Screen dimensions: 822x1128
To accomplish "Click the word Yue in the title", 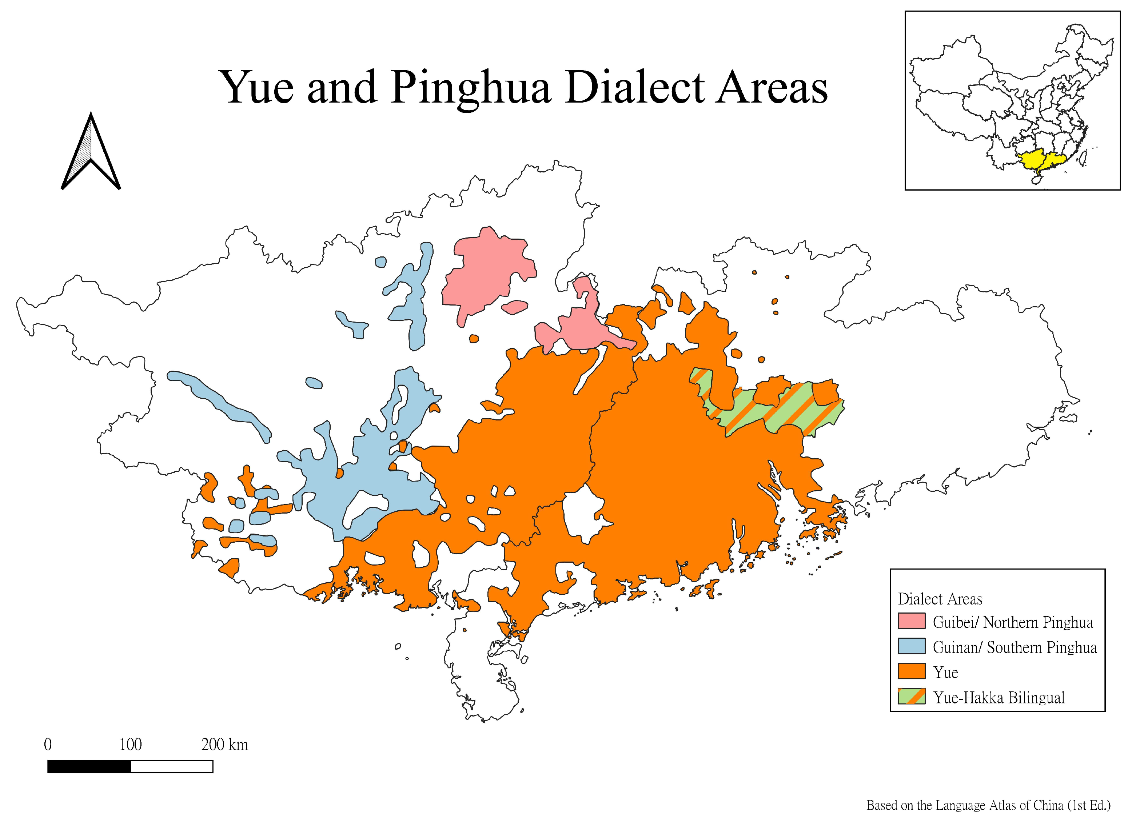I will [257, 88].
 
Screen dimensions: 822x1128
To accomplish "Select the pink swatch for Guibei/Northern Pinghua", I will [911, 622].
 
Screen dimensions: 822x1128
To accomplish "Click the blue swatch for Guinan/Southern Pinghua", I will [911, 646].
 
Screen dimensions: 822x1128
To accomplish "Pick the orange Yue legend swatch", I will [911, 671].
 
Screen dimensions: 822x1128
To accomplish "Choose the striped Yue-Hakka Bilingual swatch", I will [911, 697].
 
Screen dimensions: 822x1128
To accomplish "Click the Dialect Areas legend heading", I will [940, 599].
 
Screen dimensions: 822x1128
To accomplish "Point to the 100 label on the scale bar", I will [130, 745].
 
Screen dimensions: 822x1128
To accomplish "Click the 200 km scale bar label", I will [224, 745].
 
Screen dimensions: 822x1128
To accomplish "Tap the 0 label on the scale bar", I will [48, 745].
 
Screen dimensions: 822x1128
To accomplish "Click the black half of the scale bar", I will [89, 767].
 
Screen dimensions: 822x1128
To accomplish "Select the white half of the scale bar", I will [172, 767].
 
